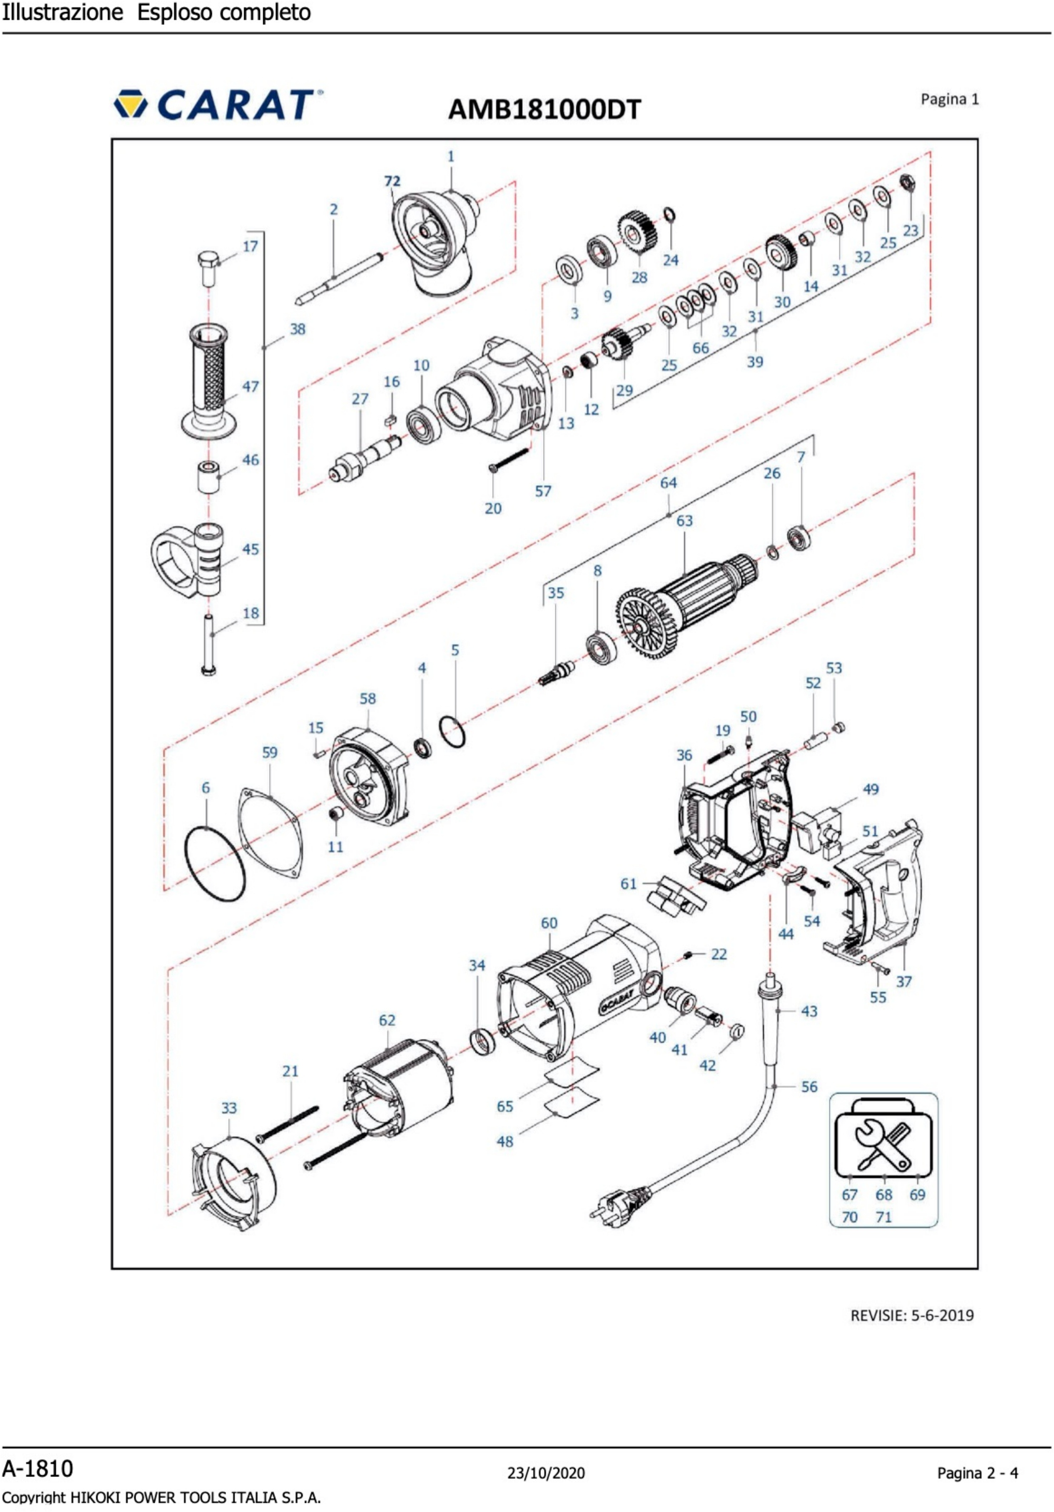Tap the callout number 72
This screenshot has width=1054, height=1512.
392,181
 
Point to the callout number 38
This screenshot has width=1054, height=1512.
298,329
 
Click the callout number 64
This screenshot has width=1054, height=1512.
668,483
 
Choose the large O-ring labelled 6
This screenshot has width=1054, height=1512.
215,864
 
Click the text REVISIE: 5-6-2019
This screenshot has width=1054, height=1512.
912,1316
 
